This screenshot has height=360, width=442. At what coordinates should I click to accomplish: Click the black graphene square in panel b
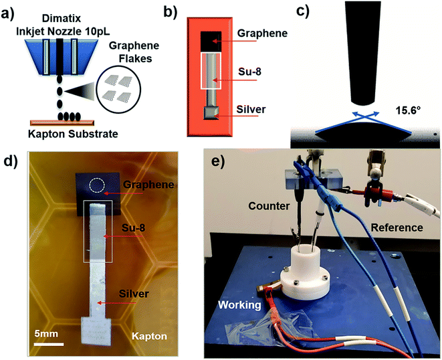pyautogui.click(x=214, y=40)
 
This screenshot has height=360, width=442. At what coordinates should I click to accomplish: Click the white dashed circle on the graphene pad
pyautogui.click(x=98, y=185)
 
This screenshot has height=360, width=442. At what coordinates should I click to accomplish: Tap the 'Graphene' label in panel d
pyautogui.click(x=144, y=184)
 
